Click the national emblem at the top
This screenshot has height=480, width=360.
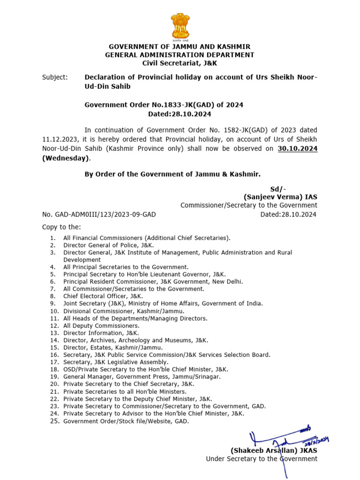click(x=180, y=26)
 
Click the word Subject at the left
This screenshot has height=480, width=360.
click(x=54, y=77)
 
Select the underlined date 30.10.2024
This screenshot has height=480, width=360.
click(x=298, y=149)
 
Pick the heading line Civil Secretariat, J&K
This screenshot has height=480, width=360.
click(x=180, y=63)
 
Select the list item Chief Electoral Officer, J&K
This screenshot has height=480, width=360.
click(x=103, y=296)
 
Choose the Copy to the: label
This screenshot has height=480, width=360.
click(x=61, y=227)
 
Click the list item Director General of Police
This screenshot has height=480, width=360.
click(x=108, y=245)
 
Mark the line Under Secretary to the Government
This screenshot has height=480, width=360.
click(x=261, y=459)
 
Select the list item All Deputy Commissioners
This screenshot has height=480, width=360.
click(x=101, y=326)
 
